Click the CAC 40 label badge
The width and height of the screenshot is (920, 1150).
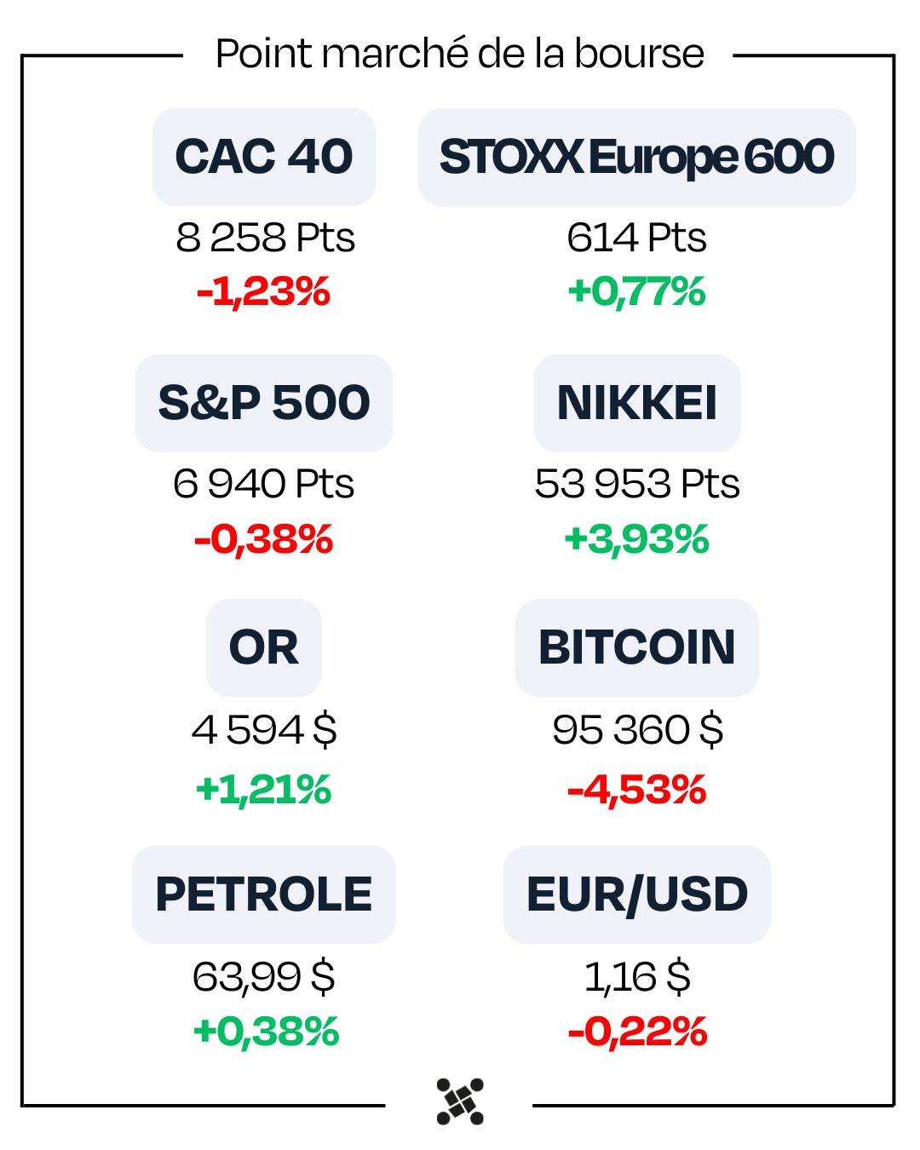pyautogui.click(x=264, y=157)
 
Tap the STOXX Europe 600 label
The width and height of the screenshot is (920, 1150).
pyautogui.click(x=636, y=157)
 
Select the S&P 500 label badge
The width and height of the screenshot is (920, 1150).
pyautogui.click(x=264, y=403)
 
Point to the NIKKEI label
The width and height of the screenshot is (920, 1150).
pyautogui.click(x=636, y=403)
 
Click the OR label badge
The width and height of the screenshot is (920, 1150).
pyautogui.click(x=264, y=647)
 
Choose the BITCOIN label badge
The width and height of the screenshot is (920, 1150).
pyautogui.click(x=636, y=647)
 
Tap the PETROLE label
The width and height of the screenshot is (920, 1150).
pyautogui.click(x=264, y=894)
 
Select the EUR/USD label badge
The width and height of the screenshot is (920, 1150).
pyautogui.click(x=636, y=894)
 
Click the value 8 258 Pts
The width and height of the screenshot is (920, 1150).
pyautogui.click(x=265, y=238)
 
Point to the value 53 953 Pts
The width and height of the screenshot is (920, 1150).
pyautogui.click(x=636, y=484)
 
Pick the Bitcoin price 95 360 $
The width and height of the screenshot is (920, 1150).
pyautogui.click(x=637, y=730)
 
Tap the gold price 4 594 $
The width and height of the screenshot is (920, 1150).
pyautogui.click(x=264, y=730)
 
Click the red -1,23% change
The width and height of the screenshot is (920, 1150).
pyautogui.click(x=263, y=292)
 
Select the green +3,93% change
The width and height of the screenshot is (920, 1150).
pyautogui.click(x=636, y=539)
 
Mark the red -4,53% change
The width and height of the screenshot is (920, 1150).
pyautogui.click(x=636, y=790)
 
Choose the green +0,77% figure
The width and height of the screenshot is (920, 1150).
pyautogui.click(x=636, y=292)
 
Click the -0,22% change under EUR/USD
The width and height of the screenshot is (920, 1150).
pyautogui.click(x=637, y=1032)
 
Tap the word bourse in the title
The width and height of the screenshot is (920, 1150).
pyautogui.click(x=639, y=54)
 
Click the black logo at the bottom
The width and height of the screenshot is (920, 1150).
pyautogui.click(x=460, y=1101)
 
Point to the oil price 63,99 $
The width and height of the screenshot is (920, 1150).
pyautogui.click(x=264, y=976)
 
